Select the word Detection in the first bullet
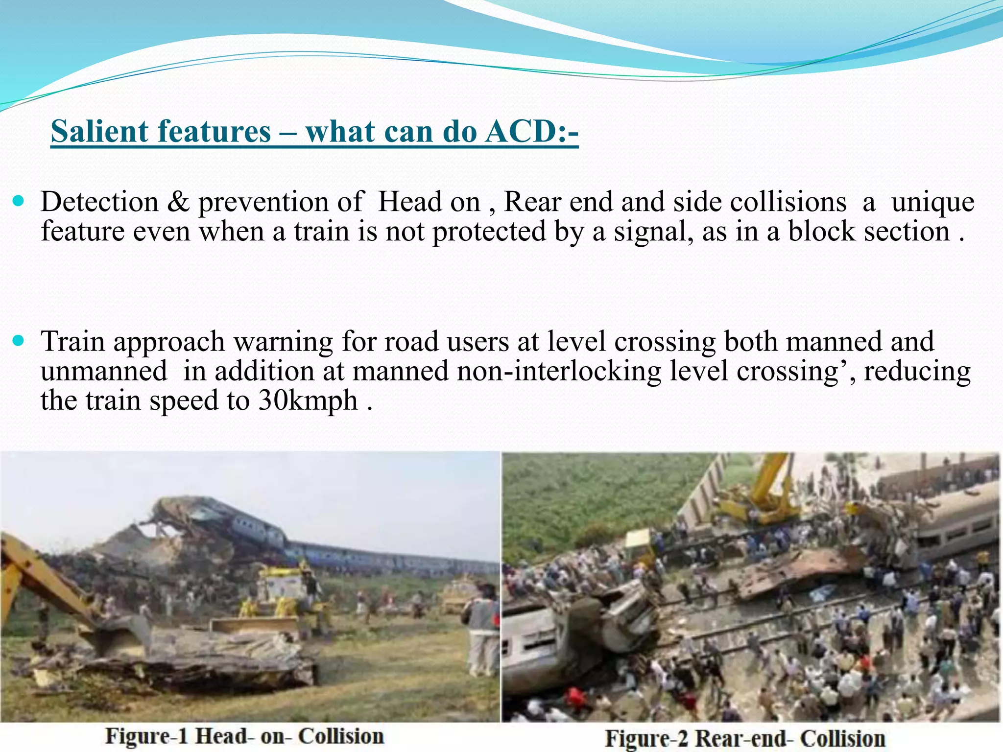point(99,202)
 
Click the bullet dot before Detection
point(19,201)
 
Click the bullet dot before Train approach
point(19,341)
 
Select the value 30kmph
point(308,400)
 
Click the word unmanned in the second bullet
point(104,371)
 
